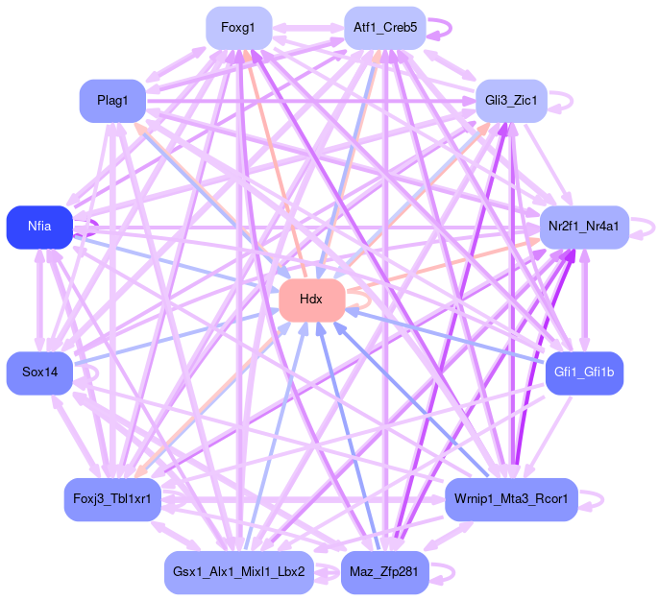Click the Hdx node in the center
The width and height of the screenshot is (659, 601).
click(x=311, y=300)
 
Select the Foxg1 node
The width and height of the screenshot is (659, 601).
click(x=238, y=28)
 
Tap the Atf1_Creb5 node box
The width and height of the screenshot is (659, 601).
click(x=384, y=28)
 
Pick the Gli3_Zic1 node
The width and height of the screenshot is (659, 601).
click(x=511, y=100)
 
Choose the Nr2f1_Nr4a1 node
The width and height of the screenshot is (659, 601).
click(x=584, y=228)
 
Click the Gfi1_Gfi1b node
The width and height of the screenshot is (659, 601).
click(x=584, y=373)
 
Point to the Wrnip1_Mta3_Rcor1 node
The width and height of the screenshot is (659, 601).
click(x=511, y=500)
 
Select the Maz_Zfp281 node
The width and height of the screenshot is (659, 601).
click(x=384, y=572)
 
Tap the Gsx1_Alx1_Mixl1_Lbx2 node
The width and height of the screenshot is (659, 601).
click(x=238, y=572)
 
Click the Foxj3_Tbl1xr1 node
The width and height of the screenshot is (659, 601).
click(x=112, y=500)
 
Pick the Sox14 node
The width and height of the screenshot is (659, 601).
click(x=39, y=373)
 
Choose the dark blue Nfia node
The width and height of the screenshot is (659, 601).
click(x=39, y=228)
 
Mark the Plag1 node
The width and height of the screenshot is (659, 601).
click(x=112, y=100)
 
